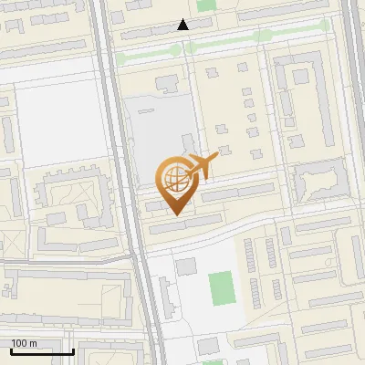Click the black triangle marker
click(183, 25)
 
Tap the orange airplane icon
click(203, 166)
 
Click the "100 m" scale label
click(25, 342)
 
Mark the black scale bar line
click(41, 351)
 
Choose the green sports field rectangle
click(220, 288)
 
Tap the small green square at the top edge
click(206, 5)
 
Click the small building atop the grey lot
click(166, 84)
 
